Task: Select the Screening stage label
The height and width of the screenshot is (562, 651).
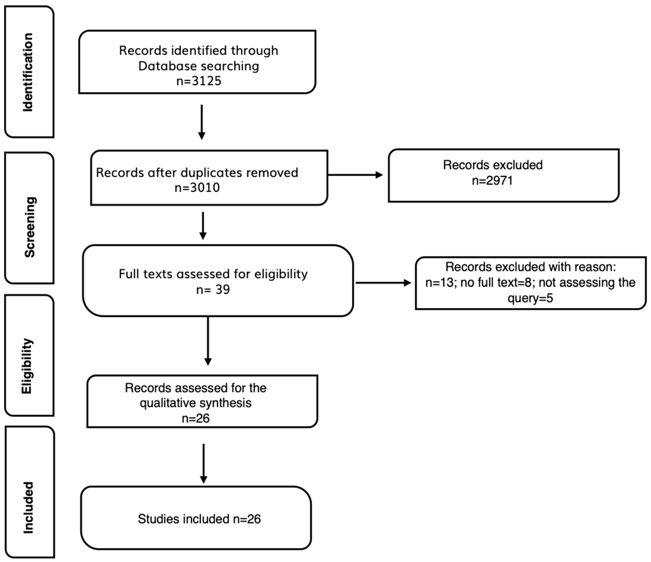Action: click(x=30, y=227)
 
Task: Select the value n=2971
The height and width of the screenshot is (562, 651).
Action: click(x=492, y=181)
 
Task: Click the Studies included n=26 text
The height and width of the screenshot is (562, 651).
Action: click(x=199, y=519)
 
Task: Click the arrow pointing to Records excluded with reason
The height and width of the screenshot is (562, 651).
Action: click(x=383, y=283)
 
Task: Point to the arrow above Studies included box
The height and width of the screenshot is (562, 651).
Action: click(x=204, y=464)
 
